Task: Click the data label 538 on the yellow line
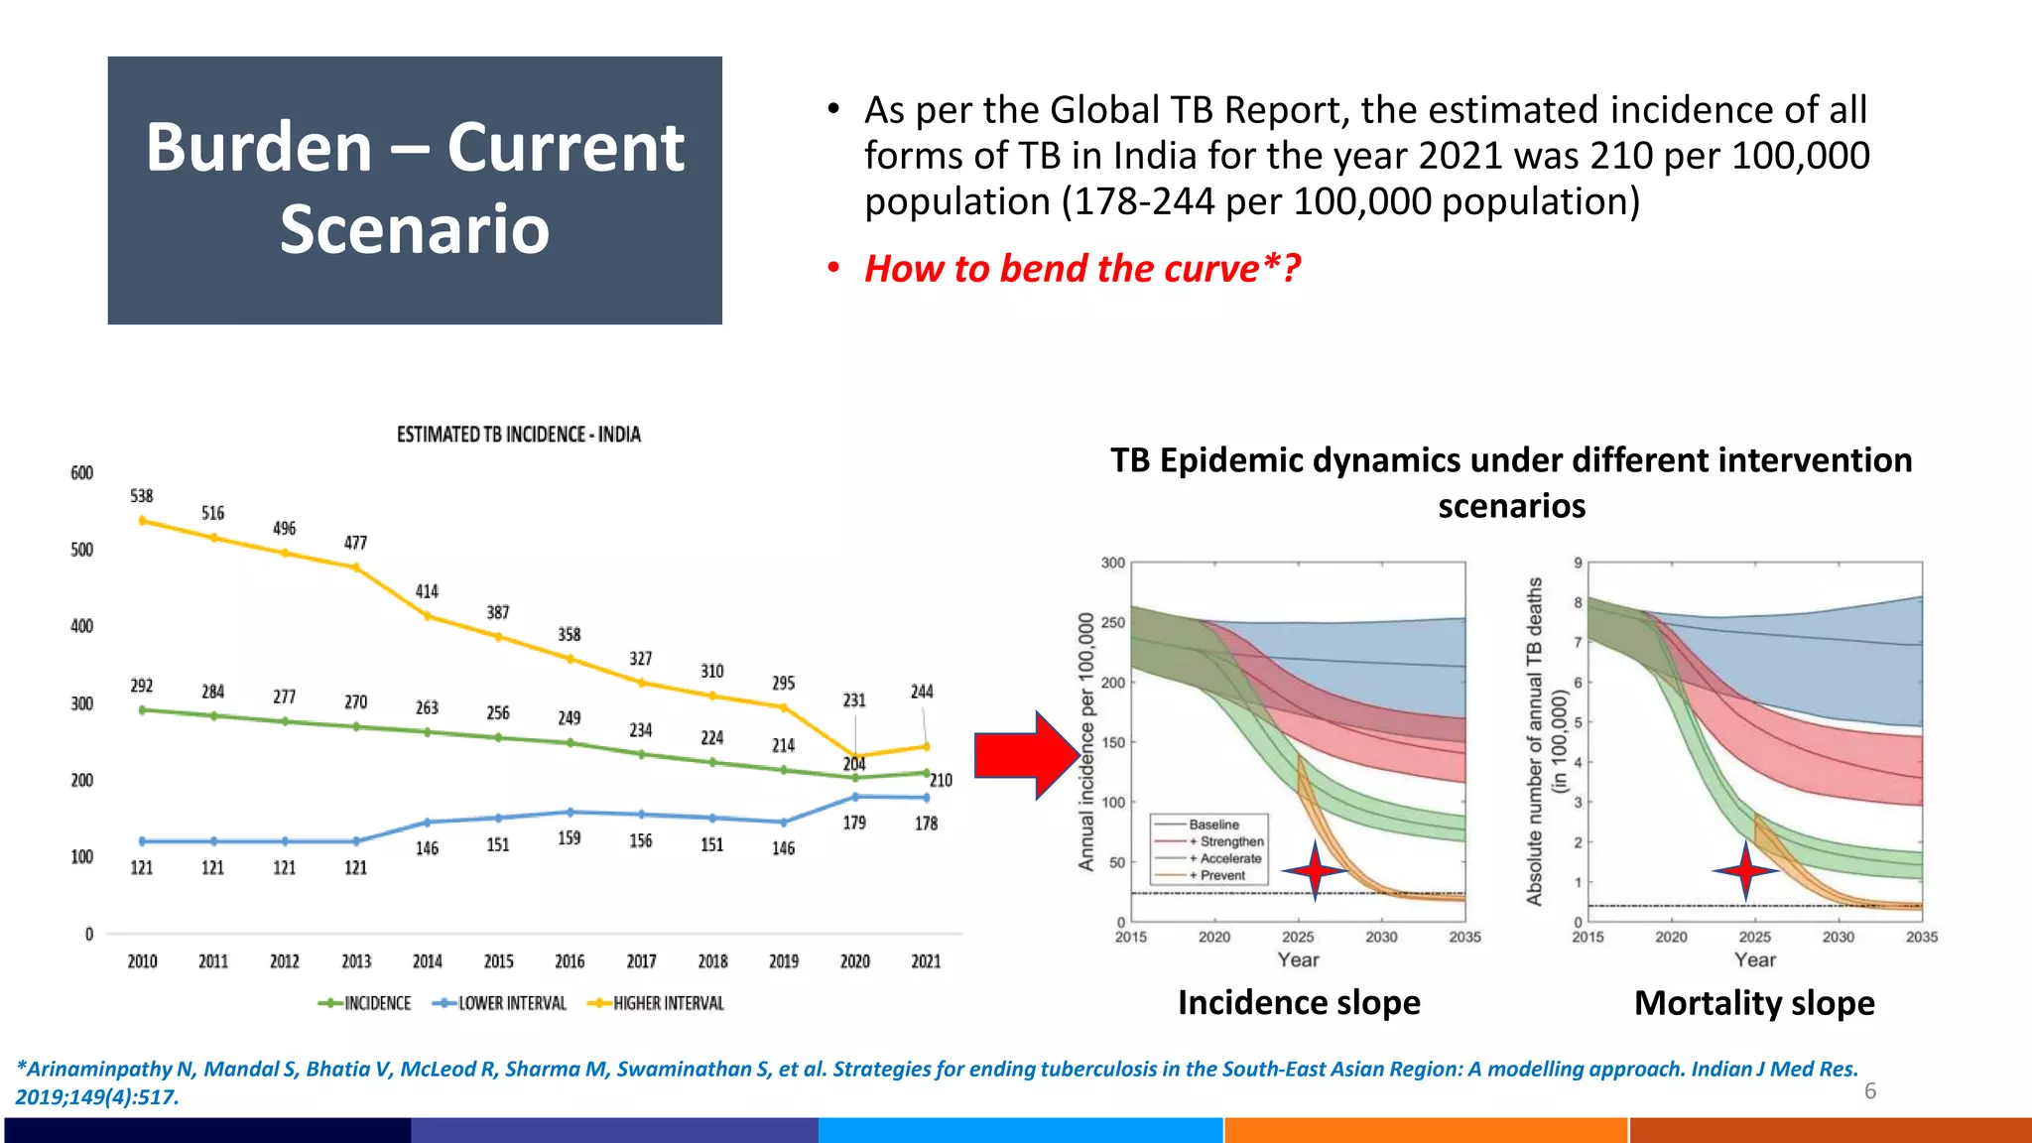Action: (x=142, y=496)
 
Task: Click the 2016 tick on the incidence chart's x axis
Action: (x=570, y=961)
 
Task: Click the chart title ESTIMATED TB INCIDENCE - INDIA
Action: (x=518, y=435)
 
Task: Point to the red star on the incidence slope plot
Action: (x=1315, y=870)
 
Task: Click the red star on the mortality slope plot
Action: (x=1746, y=870)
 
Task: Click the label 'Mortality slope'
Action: (x=1754, y=1003)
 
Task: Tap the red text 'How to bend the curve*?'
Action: (x=1081, y=269)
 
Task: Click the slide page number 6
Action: (x=1870, y=1091)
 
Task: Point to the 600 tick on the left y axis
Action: (x=81, y=473)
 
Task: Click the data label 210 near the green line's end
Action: (x=941, y=781)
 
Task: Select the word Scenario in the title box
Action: (x=415, y=229)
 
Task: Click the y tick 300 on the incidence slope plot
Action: (x=1113, y=564)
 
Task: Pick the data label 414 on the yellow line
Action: (x=427, y=592)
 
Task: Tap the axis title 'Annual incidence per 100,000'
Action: (x=1086, y=741)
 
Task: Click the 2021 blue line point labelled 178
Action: (x=926, y=798)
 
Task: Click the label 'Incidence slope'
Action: (x=1299, y=1003)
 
